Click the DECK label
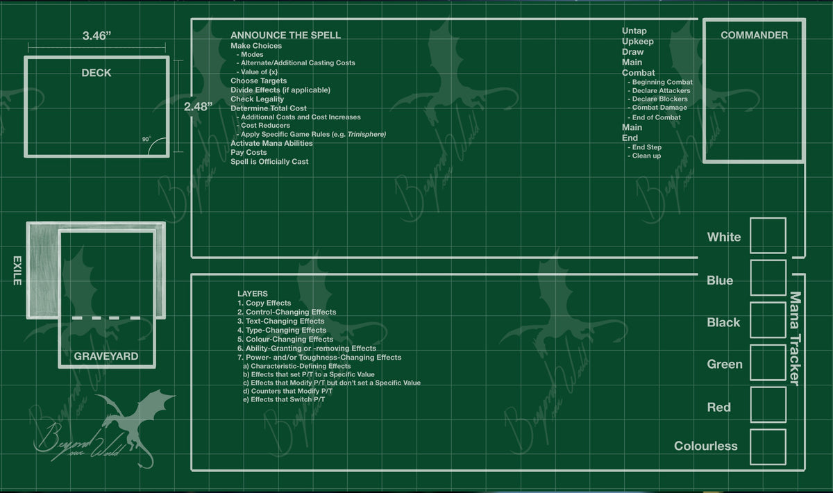(x=96, y=72)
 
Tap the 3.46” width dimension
(x=96, y=35)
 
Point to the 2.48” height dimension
(x=199, y=107)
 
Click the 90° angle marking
(x=146, y=139)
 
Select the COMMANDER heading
(x=754, y=35)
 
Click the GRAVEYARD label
(x=106, y=356)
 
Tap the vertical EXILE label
(x=17, y=271)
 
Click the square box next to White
(x=768, y=235)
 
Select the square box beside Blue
(x=768, y=278)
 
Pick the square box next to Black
(x=768, y=320)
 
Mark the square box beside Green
(x=768, y=362)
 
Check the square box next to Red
(x=768, y=405)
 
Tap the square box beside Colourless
(x=768, y=447)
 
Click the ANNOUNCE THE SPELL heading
(x=285, y=35)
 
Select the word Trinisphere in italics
(x=367, y=134)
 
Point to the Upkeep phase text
(x=638, y=41)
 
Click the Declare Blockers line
(x=660, y=99)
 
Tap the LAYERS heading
(x=253, y=294)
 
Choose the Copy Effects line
(x=264, y=303)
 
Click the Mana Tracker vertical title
(x=795, y=339)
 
